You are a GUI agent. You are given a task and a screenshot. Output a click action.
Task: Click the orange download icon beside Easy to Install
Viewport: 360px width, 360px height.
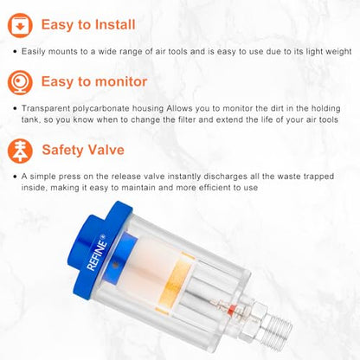20,25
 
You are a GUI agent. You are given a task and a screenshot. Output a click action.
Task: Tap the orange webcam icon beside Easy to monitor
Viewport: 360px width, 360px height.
20,82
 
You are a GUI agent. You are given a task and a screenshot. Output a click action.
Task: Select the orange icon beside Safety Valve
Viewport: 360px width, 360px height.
20,151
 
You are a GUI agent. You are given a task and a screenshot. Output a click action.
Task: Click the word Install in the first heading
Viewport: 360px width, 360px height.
115,24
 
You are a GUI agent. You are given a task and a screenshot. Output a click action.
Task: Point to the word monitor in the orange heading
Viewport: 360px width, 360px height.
121,81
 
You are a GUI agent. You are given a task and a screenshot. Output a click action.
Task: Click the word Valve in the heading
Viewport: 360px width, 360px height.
106,150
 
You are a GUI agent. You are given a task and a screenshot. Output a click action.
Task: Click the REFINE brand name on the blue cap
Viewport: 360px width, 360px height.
97,254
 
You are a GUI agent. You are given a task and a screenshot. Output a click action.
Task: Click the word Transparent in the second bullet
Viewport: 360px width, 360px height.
46,109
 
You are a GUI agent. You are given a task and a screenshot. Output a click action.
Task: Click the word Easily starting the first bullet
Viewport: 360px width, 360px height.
33,52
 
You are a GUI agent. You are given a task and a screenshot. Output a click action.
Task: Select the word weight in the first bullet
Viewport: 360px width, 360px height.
338,52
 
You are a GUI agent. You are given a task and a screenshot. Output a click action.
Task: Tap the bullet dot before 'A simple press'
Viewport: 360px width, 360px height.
15,177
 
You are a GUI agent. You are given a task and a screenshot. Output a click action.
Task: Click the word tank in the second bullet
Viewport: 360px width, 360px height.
29,119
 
